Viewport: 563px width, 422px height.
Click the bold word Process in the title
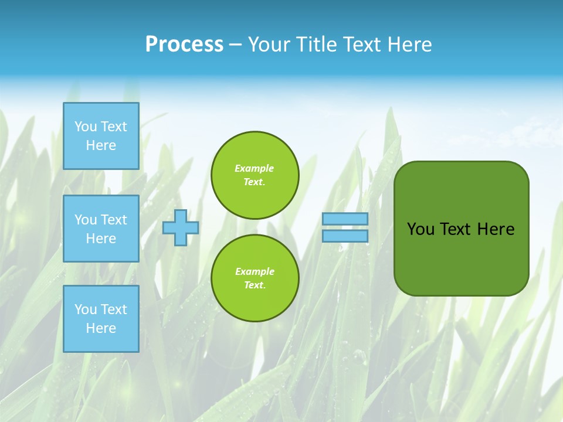pos(184,45)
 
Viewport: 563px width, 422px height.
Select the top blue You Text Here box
pos(101,136)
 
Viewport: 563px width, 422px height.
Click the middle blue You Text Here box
pos(101,229)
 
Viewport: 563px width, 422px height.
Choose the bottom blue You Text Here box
pos(101,319)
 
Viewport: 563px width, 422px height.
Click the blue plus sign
pos(181,228)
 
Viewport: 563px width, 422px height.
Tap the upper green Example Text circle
pos(255,175)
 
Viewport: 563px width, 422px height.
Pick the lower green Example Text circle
pos(255,278)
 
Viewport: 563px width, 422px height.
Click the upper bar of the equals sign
pos(345,219)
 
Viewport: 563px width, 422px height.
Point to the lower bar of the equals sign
pos(345,236)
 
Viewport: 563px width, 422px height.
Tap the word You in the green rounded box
pos(420,229)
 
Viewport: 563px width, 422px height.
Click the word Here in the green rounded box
pos(496,229)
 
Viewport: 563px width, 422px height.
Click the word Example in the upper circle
pos(255,169)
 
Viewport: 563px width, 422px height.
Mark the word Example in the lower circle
pos(255,272)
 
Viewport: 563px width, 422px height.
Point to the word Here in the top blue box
pos(101,145)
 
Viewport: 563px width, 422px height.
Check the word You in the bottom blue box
pos(85,309)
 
